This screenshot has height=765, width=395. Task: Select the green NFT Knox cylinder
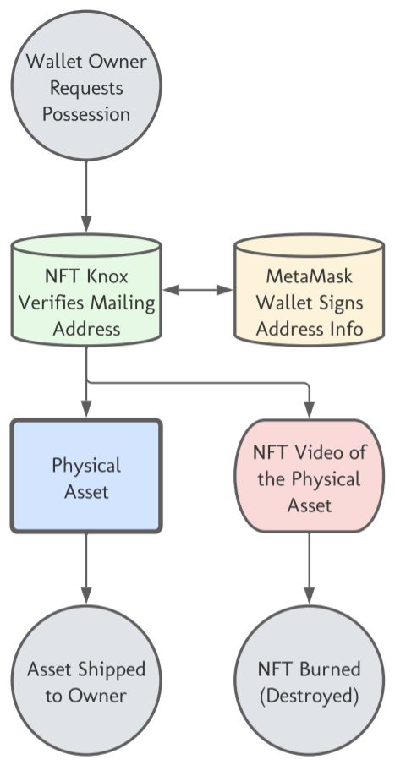click(86, 290)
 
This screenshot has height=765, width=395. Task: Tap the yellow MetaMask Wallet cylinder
click(309, 290)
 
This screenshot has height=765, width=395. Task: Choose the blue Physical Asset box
click(86, 476)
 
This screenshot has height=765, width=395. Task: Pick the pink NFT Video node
click(309, 476)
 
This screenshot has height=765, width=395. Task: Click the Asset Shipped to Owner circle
click(86, 681)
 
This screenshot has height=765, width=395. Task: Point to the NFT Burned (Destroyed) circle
click(309, 681)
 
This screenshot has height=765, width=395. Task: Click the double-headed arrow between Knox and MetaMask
click(198, 290)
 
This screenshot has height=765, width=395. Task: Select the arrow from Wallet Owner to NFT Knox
click(86, 197)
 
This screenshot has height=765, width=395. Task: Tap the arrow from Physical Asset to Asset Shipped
click(86, 569)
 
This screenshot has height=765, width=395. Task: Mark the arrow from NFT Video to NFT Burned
click(309, 569)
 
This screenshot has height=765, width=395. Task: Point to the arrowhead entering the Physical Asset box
click(86, 410)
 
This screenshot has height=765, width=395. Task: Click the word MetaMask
click(309, 276)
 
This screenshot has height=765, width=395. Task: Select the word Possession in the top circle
click(86, 114)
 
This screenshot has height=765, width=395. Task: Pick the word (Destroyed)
click(309, 696)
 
